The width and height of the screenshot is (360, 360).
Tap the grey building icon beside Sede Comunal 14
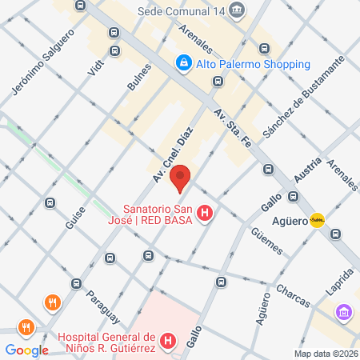point(237,10)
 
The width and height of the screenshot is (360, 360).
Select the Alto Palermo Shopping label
point(242,64)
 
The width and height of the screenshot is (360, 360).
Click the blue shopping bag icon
point(184,62)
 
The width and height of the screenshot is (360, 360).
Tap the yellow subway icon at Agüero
point(318,220)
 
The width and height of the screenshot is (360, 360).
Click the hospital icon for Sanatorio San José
point(206,214)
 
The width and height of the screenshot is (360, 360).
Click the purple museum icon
point(344,311)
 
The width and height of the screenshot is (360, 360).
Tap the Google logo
point(26,350)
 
